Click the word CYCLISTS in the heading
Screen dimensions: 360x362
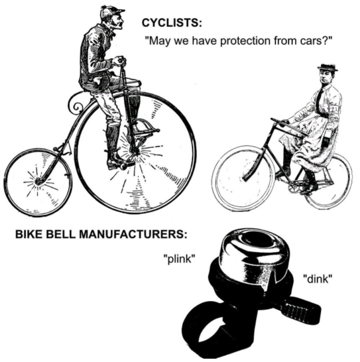(172, 23)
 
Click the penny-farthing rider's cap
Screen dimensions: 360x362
(112, 12)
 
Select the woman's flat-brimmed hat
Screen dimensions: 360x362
(328, 67)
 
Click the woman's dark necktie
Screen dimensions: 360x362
(320, 101)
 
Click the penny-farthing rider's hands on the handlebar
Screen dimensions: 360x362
(119, 61)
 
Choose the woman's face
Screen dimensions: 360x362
(324, 76)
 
